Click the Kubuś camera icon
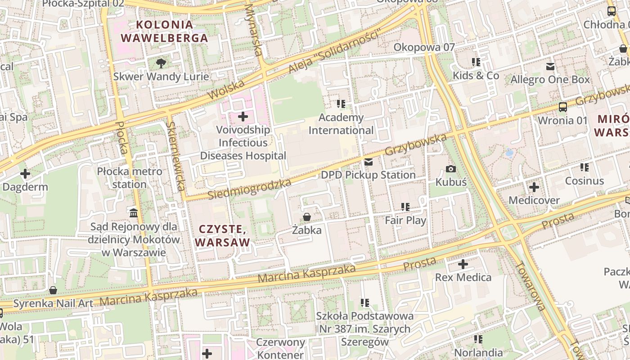(x=450, y=169)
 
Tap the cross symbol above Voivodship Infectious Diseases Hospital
(x=243, y=117)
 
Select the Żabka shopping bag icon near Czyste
(x=307, y=217)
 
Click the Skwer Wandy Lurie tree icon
(x=161, y=63)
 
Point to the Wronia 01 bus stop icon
(x=562, y=107)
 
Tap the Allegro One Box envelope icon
(x=550, y=67)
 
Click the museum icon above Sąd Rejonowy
(x=134, y=213)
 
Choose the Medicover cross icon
(x=534, y=187)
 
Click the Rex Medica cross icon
(x=463, y=264)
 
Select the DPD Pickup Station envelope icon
(x=369, y=162)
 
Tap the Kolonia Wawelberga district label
(x=165, y=31)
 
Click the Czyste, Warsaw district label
(x=222, y=236)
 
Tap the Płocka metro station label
(x=130, y=178)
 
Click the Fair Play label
(x=405, y=220)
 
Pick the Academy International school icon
(x=341, y=104)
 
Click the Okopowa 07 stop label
(x=424, y=47)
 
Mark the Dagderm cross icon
(x=25, y=174)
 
